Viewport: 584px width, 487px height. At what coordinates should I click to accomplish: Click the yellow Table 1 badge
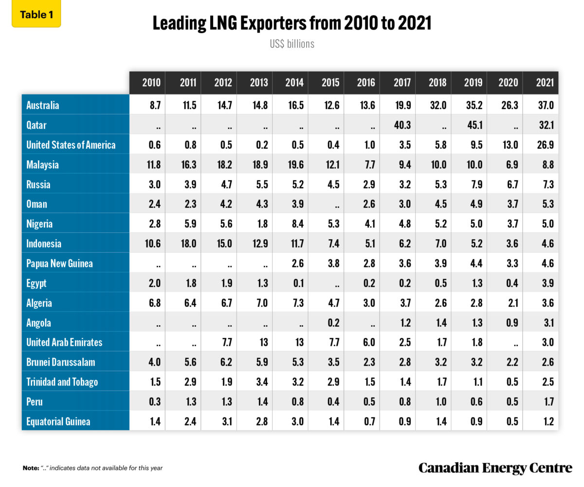coord(36,15)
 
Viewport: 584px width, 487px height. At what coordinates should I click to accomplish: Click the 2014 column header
coord(294,83)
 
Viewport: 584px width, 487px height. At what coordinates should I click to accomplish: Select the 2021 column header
coord(545,83)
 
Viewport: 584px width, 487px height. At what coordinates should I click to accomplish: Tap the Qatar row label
coord(36,125)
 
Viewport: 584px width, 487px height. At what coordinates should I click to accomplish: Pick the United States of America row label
coord(71,145)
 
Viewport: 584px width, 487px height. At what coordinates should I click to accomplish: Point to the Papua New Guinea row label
coord(59,263)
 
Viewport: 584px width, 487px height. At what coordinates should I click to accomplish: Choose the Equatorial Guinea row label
coord(58,422)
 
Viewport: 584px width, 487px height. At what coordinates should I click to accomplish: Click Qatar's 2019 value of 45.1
coord(473,125)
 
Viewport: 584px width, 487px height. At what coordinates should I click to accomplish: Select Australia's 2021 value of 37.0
coord(545,105)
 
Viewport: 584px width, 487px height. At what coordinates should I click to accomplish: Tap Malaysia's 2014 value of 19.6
coord(294,165)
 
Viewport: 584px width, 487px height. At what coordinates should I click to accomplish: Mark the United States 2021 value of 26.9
coord(545,145)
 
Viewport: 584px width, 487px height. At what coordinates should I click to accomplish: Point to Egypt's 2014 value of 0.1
coord(294,283)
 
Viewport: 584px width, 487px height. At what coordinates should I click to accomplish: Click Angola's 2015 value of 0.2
coord(330,323)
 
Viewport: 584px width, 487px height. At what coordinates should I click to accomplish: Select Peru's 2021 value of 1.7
coord(545,402)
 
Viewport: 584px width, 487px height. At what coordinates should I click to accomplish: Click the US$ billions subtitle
coord(292,44)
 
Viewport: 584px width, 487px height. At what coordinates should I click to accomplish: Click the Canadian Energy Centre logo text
coord(495,468)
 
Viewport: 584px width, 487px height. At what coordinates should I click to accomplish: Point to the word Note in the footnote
coord(30,468)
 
